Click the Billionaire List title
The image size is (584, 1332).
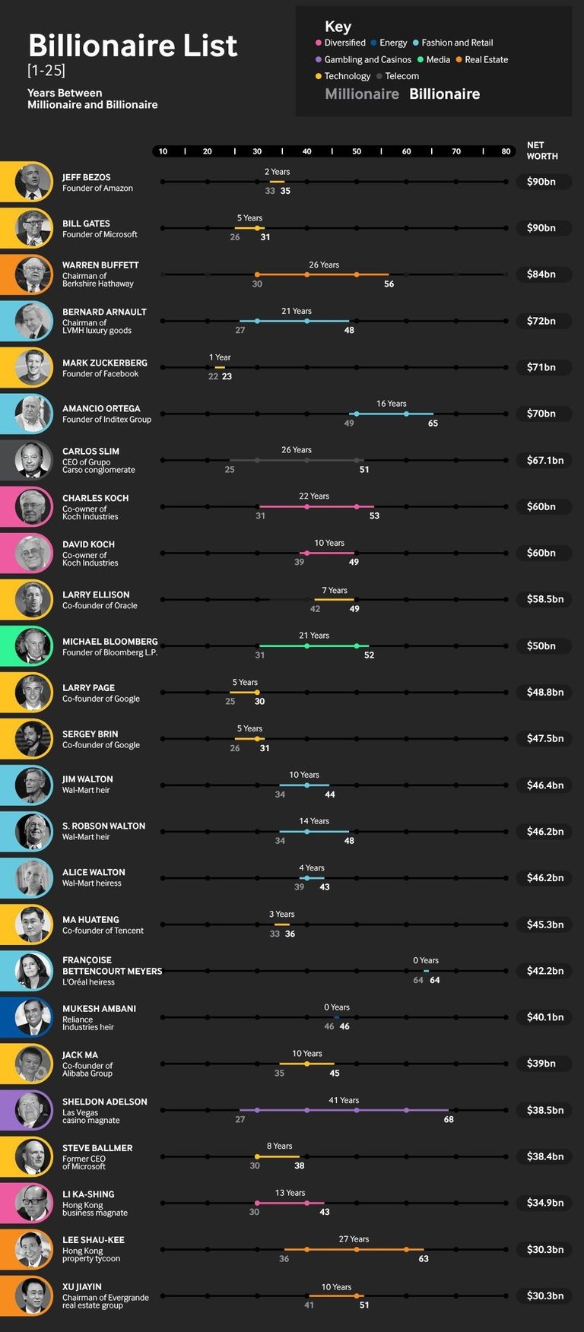132,46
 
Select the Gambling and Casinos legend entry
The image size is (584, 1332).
367,59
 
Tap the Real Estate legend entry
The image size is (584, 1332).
486,59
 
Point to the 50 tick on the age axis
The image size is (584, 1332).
357,151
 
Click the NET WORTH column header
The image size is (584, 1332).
541,151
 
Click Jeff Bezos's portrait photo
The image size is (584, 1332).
33,182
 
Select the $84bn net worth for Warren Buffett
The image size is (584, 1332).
541,274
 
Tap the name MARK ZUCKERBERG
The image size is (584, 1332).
105,363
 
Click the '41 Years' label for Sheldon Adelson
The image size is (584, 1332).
344,1100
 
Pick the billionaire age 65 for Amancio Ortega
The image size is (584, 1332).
433,423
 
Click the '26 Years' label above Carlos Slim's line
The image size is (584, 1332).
297,450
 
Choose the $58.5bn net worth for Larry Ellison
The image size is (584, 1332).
544,599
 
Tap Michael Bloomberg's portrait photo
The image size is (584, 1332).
33,645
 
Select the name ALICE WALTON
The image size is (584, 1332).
94,872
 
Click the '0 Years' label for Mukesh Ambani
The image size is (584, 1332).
337,1007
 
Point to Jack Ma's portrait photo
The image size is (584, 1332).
33,1064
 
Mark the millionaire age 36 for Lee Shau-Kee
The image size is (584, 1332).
284,1259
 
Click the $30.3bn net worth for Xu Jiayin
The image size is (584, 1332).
544,1296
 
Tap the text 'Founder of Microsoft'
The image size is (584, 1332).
100,234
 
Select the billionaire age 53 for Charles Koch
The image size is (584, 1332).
374,516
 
